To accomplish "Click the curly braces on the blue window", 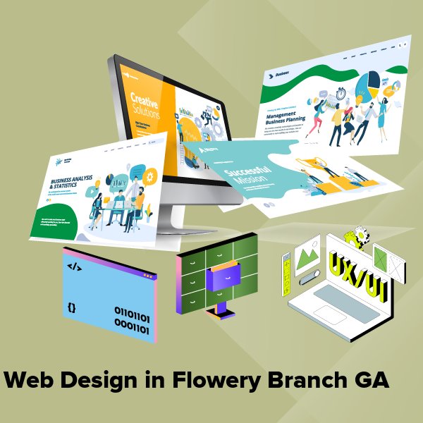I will coord(72,308).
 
